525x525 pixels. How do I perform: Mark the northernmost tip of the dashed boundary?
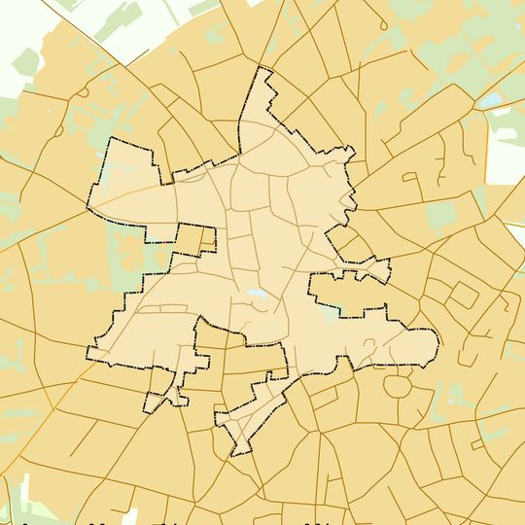point(260,69)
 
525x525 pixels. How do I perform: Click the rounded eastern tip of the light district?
point(437,342)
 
